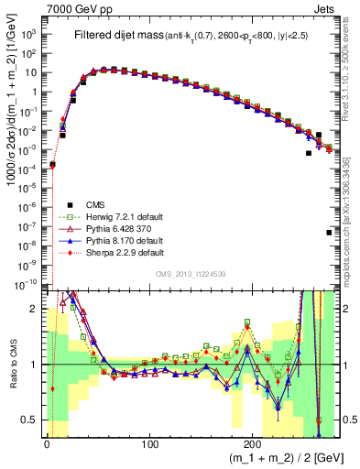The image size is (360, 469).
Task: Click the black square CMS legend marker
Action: point(69,203)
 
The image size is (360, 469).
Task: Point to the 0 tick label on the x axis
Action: point(47,443)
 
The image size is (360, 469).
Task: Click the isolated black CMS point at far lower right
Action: point(329,233)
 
